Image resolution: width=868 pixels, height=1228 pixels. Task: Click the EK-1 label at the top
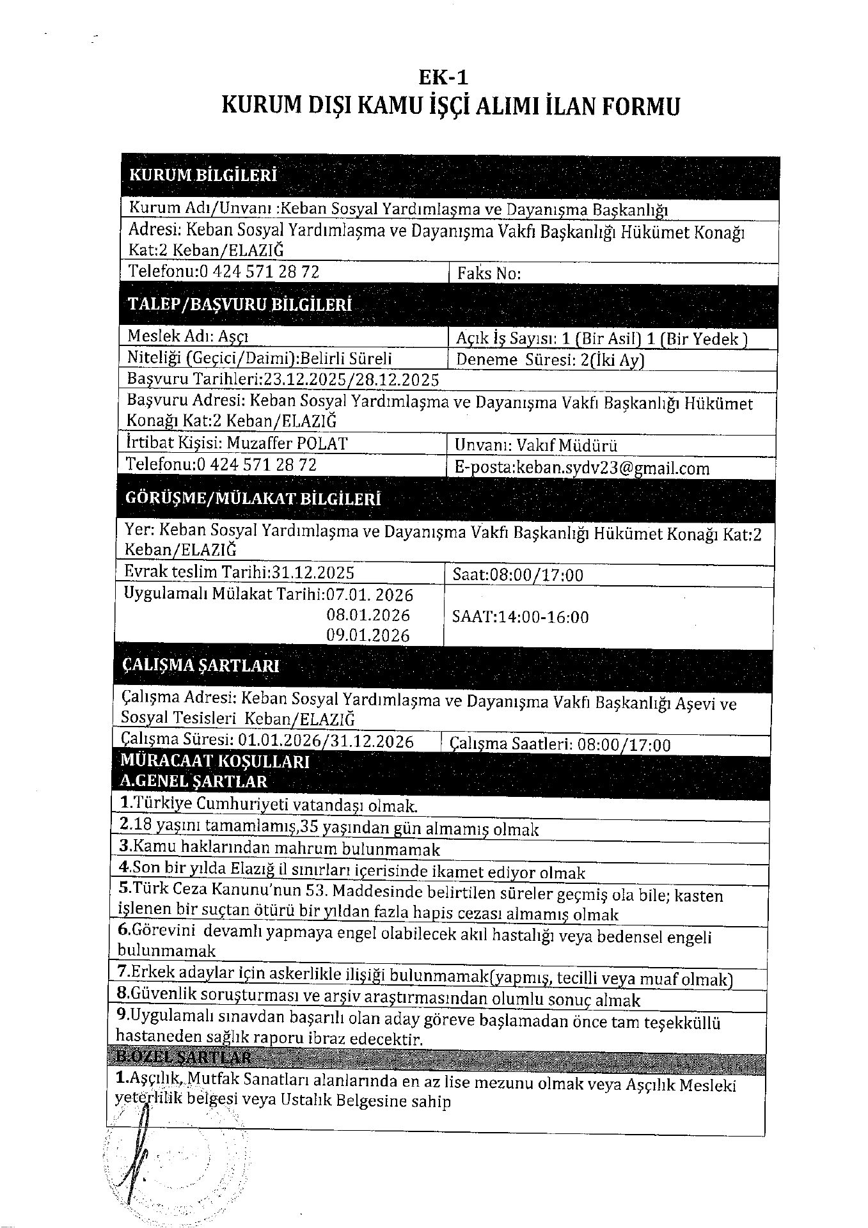pyautogui.click(x=443, y=78)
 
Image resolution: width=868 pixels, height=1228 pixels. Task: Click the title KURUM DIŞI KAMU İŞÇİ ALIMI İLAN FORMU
pyautogui.click(x=450, y=106)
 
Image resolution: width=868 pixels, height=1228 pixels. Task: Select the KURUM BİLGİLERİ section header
pyautogui.click(x=203, y=175)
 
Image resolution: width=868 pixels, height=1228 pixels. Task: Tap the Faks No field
pyautogui.click(x=489, y=274)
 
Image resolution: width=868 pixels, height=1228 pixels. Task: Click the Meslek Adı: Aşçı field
pyautogui.click(x=189, y=336)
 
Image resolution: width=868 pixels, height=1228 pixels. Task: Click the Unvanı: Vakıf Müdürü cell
pyautogui.click(x=536, y=445)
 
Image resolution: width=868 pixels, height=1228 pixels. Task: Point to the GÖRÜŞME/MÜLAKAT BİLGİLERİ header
pyautogui.click(x=253, y=500)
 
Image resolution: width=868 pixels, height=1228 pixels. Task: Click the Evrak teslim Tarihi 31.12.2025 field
pyautogui.click(x=240, y=572)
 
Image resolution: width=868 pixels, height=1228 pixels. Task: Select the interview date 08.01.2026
pyautogui.click(x=368, y=615)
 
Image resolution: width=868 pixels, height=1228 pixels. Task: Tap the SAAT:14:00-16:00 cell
pyautogui.click(x=519, y=617)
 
